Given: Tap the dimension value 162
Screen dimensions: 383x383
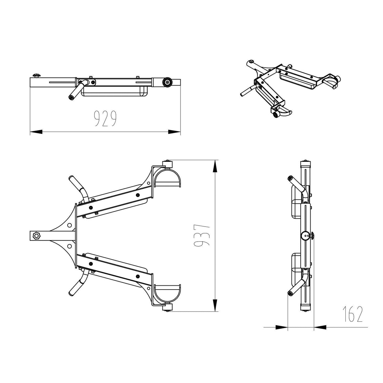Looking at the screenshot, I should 353,314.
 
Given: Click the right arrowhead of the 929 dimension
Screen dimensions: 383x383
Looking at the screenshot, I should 174,131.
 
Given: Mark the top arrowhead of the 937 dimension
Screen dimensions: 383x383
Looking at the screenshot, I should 215,166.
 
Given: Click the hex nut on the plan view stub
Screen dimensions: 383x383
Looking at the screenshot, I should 35,236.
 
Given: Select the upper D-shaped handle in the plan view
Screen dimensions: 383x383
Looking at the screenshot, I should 168,178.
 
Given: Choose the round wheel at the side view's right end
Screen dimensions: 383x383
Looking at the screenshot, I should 167,82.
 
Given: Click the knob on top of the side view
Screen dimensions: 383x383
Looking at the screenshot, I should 36,76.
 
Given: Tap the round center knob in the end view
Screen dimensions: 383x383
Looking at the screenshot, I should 305,236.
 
